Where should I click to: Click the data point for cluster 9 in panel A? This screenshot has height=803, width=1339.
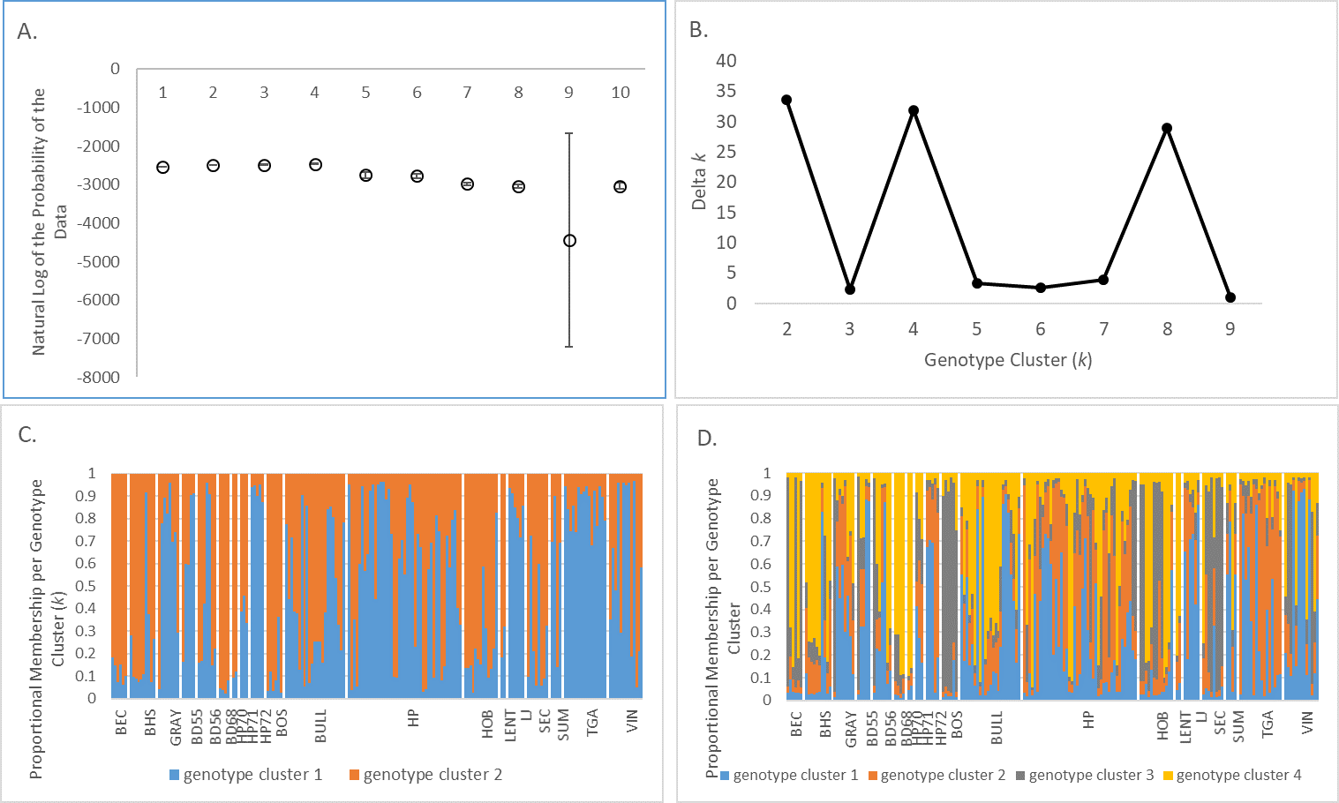tap(569, 241)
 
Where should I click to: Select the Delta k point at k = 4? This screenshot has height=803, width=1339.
tap(914, 111)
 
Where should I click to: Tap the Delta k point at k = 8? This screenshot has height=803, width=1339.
tap(1167, 128)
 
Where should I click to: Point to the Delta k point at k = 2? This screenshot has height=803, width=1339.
tap(786, 100)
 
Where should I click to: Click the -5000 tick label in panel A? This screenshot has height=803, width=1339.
tap(99, 261)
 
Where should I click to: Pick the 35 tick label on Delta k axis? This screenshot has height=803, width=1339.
tap(726, 91)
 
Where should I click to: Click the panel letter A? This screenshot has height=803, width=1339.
tap(26, 32)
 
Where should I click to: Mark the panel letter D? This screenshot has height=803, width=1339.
tap(707, 439)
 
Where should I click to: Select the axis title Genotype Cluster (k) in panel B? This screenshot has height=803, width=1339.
tap(1008, 360)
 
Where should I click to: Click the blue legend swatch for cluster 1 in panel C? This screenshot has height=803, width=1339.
tap(175, 775)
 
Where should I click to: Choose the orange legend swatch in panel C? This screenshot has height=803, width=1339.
tap(355, 775)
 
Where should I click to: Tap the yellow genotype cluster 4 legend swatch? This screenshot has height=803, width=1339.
tap(1168, 776)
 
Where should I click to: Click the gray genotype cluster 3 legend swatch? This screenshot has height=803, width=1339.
tap(1020, 776)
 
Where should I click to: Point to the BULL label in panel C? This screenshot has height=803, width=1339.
tap(321, 725)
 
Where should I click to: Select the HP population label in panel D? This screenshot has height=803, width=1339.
tap(1088, 720)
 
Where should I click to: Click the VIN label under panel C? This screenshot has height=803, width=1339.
tap(632, 722)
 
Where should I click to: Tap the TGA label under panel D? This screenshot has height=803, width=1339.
tap(1268, 724)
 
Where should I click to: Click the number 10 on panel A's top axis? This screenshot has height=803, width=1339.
tap(621, 93)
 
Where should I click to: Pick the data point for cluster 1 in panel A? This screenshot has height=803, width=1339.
tap(162, 168)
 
